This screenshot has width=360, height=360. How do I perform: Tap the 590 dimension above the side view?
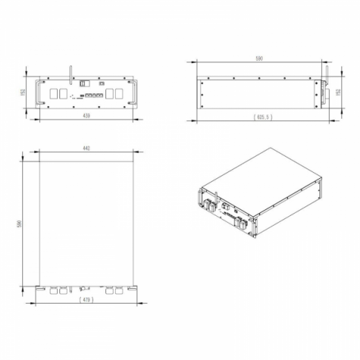tap(260, 58)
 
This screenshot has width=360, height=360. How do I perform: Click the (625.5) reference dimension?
tap(264, 117)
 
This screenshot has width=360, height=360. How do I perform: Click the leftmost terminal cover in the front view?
tap(56, 94)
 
